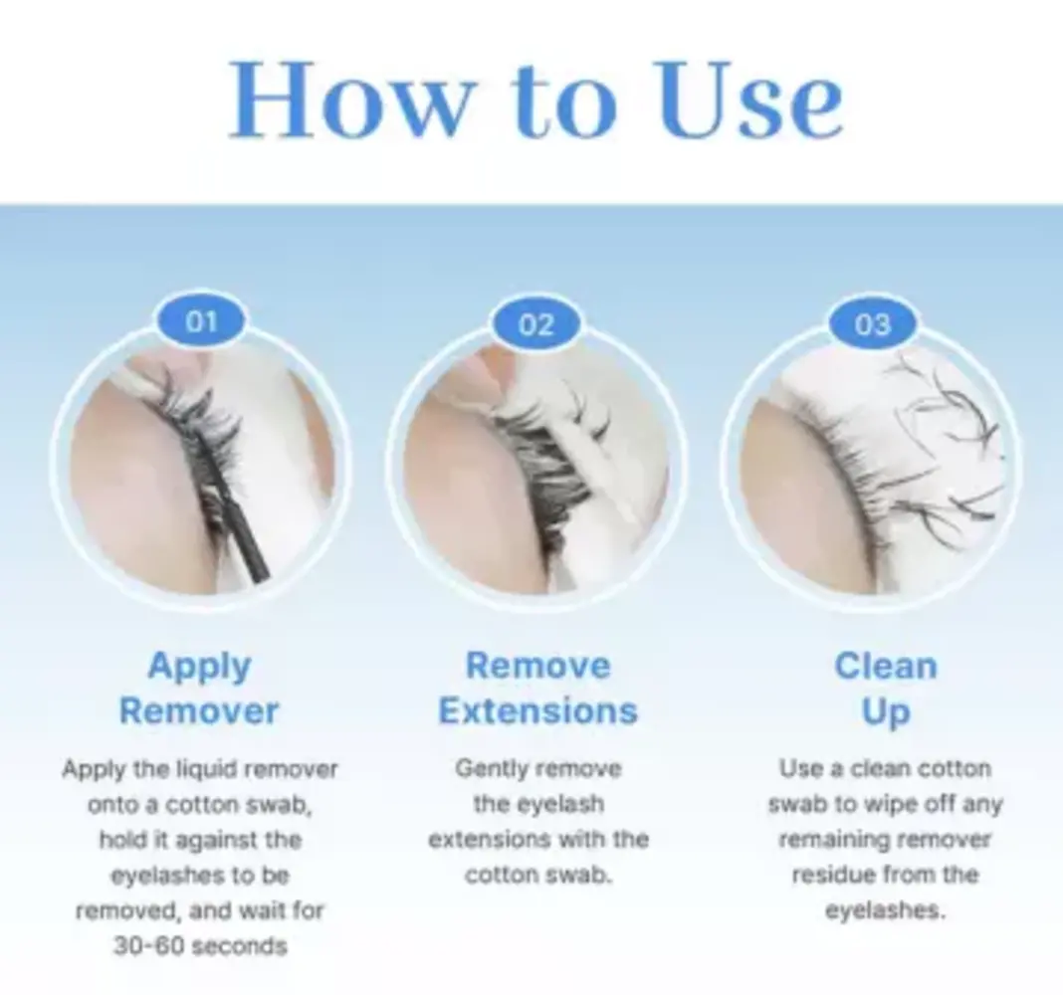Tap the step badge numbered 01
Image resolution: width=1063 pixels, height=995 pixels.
tap(201, 320)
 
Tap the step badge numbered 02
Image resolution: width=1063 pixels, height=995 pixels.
tap(536, 324)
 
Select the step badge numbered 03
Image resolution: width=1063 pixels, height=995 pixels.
tap(872, 324)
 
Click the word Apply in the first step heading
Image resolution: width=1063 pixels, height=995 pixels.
tap(199, 668)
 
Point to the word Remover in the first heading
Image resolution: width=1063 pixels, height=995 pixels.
tap(199, 711)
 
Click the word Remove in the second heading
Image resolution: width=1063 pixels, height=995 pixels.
tap(537, 666)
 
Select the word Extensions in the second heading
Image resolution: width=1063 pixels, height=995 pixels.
tap(537, 711)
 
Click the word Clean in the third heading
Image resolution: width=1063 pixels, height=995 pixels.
tap(886, 666)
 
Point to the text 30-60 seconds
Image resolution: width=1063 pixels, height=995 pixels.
tap(200, 945)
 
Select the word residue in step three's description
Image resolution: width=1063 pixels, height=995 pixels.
tap(834, 875)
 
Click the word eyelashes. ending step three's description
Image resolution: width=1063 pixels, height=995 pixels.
tap(885, 910)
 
